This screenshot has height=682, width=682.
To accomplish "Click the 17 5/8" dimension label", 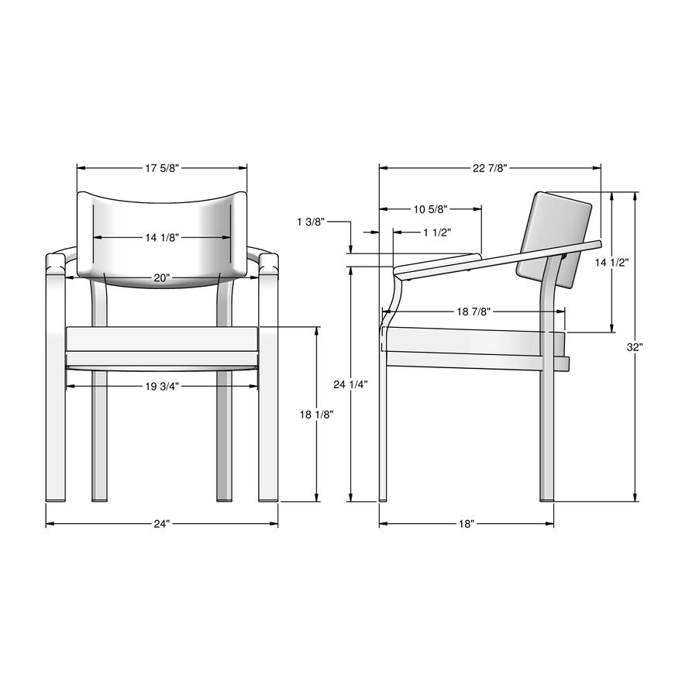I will (162, 167).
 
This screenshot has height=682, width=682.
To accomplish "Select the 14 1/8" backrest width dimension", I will (162, 237).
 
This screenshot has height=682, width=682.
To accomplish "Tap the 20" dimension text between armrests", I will (161, 277).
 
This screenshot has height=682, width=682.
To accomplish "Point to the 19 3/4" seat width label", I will (161, 386).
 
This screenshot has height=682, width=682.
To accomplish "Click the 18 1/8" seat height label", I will (316, 415).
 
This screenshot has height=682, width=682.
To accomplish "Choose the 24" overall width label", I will (161, 524).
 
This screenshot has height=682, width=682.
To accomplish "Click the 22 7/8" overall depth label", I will (490, 167).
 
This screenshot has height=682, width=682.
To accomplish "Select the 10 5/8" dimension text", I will (430, 208).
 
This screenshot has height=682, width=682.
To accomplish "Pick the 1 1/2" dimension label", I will (437, 232).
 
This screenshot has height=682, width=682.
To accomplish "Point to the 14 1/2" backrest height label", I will (611, 263).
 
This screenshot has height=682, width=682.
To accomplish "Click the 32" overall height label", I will (635, 347).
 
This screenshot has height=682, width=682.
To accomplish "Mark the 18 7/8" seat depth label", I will (473, 311).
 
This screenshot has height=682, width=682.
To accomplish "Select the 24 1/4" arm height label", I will (350, 384).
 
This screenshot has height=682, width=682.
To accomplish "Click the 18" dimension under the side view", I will (466, 524).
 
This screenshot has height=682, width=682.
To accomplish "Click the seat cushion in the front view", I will (161, 339).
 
